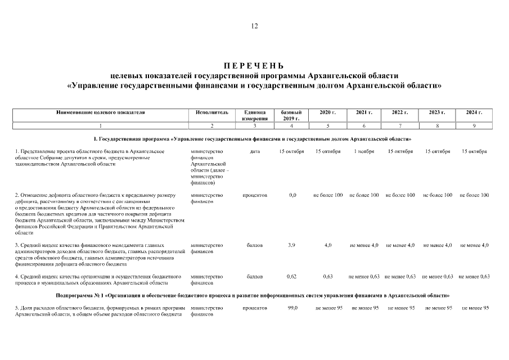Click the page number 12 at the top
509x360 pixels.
(254, 26)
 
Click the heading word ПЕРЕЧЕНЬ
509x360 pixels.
(254, 66)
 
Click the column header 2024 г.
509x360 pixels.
(474, 112)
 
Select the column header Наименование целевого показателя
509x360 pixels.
(101, 112)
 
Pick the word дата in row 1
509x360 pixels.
(254, 151)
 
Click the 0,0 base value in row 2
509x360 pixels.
(292, 195)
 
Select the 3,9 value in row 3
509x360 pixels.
(291, 245)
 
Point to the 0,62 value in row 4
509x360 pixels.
(291, 276)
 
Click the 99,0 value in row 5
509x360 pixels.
(292, 308)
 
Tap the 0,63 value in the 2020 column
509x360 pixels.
(328, 276)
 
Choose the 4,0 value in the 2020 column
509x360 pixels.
(328, 245)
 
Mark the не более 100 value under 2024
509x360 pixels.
(474, 195)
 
